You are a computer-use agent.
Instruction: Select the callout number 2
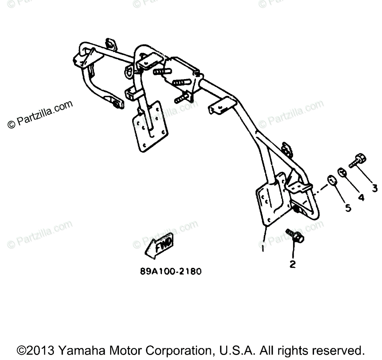click(x=293, y=264)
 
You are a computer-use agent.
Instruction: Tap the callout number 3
click(x=375, y=188)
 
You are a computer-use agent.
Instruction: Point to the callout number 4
click(x=361, y=198)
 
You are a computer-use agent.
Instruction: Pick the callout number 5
click(x=348, y=208)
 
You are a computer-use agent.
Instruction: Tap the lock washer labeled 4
click(x=343, y=173)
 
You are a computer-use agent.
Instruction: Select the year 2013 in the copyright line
click(x=41, y=350)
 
